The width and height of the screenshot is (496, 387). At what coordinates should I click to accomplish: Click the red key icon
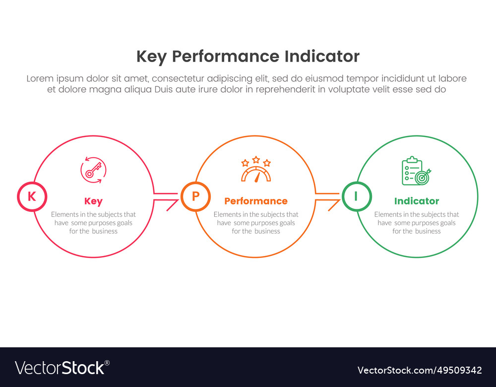(93, 170)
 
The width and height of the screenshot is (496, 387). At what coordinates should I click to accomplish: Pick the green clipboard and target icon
(416, 171)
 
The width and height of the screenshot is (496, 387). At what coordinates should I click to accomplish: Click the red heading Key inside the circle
(93, 201)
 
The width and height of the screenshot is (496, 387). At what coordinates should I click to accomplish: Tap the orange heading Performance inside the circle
(256, 201)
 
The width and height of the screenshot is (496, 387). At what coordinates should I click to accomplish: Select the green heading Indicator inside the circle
(417, 201)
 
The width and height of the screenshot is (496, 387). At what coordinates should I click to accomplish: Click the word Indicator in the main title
(322, 57)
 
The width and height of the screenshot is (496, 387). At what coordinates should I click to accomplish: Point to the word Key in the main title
(151, 57)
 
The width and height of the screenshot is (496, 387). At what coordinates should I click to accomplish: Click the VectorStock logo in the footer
(62, 368)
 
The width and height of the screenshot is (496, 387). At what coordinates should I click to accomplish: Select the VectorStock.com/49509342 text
(420, 370)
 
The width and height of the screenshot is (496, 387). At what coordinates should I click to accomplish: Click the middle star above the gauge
(256, 159)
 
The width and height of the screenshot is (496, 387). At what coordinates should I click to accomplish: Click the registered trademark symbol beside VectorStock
(107, 363)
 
